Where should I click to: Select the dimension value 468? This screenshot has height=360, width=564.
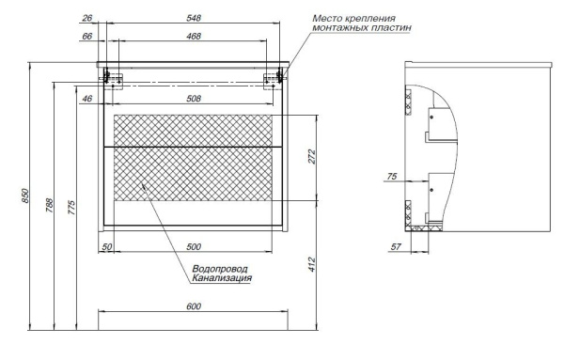pyautogui.click(x=195, y=37)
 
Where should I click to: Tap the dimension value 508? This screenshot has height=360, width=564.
pyautogui.click(x=195, y=98)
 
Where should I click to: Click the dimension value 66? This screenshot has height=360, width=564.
pyautogui.click(x=87, y=37)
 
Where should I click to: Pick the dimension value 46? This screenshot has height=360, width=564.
pyautogui.click(x=87, y=98)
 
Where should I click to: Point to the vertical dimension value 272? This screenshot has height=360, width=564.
pyautogui.click(x=312, y=158)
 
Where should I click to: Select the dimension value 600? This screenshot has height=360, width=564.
pyautogui.click(x=193, y=306)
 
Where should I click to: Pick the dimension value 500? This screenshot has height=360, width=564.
pyautogui.click(x=195, y=245)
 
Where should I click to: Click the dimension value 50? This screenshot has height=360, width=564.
pyautogui.click(x=107, y=245)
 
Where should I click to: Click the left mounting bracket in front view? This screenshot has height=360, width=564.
pyautogui.click(x=111, y=76)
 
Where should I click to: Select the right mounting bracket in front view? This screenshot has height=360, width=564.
pyautogui.click(x=278, y=76)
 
